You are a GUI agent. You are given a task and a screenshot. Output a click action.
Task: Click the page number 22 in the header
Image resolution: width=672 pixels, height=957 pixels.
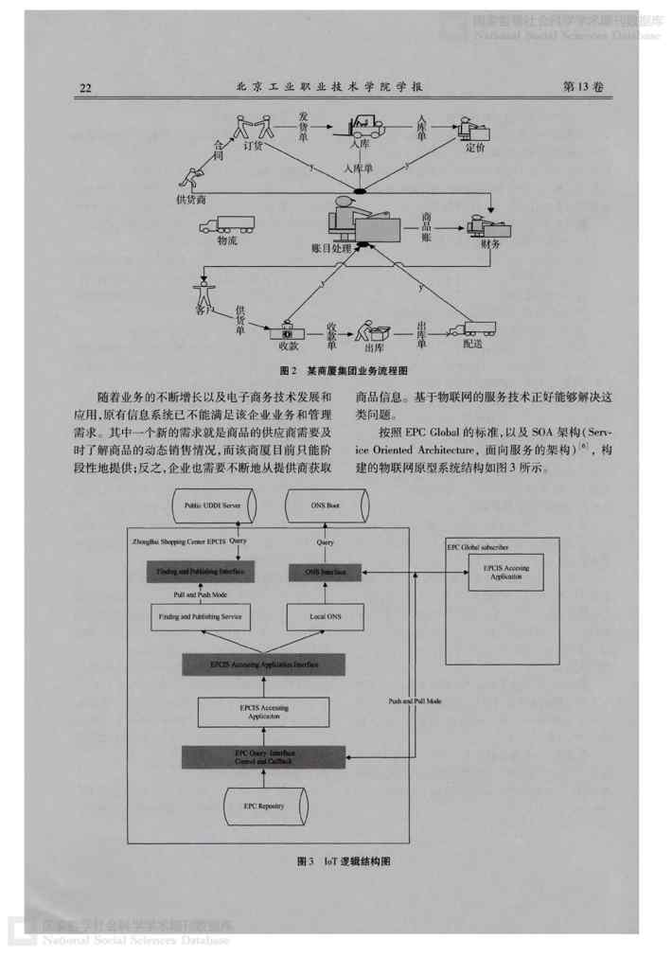84,88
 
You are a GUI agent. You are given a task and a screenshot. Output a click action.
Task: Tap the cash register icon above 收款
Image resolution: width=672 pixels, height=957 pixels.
289,331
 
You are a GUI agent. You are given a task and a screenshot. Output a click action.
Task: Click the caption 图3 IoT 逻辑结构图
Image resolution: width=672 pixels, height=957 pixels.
344,862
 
